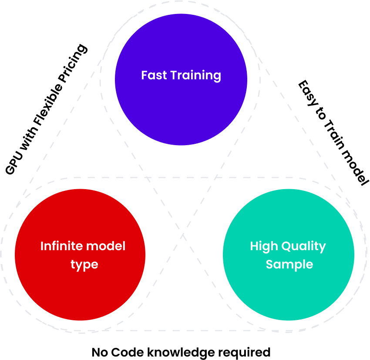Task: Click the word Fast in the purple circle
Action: [154, 75]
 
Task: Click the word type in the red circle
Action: [84, 265]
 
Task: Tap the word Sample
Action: [289, 264]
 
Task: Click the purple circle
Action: [181, 109]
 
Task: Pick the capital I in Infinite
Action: [42, 246]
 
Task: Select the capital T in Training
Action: [174, 75]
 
